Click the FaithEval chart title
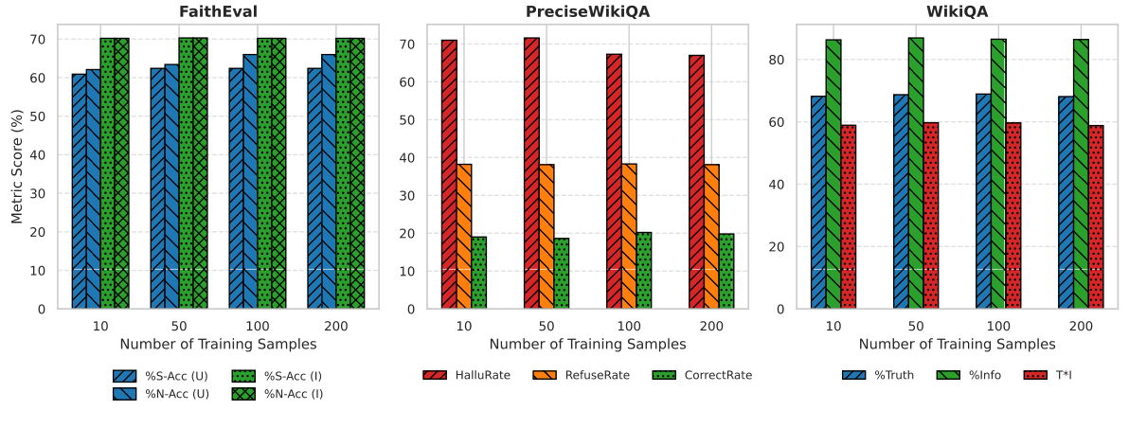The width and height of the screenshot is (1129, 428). coord(218,11)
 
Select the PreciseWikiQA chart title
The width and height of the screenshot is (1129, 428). coord(587,11)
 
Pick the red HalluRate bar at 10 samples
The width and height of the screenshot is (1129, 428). coord(449,174)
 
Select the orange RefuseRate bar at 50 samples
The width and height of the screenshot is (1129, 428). coord(547,237)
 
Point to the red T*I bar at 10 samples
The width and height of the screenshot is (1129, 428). coord(849,217)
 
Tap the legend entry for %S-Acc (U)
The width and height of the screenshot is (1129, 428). coord(160,376)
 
